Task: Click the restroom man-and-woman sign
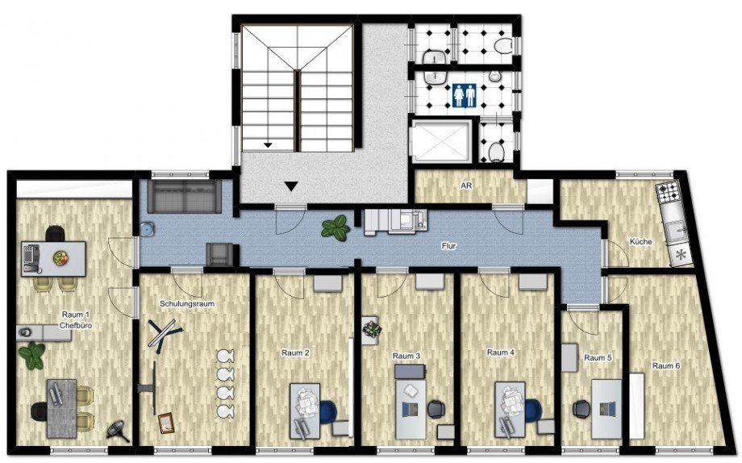click(464, 96)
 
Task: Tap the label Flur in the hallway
click(448, 246)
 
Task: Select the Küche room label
click(640, 241)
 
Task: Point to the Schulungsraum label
click(187, 304)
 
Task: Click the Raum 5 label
click(598, 358)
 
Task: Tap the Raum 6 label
click(666, 365)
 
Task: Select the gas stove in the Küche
click(668, 193)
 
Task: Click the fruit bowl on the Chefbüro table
click(60, 258)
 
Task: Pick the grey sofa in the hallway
click(184, 196)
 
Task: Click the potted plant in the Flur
click(336, 227)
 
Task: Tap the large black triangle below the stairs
click(292, 186)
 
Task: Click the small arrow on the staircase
click(269, 145)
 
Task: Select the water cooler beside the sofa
click(147, 229)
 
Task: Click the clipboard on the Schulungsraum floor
click(166, 423)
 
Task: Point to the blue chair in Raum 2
click(328, 411)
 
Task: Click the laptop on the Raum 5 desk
click(608, 409)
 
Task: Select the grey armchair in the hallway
click(219, 254)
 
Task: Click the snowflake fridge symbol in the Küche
click(681, 255)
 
